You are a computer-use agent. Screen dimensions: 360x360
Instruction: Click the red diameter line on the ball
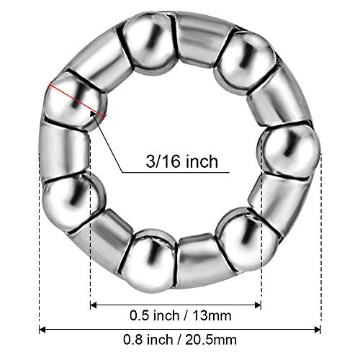(76, 102)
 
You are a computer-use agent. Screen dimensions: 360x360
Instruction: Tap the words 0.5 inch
(148, 314)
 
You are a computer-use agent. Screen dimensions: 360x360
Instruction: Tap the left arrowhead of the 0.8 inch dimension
(42, 330)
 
